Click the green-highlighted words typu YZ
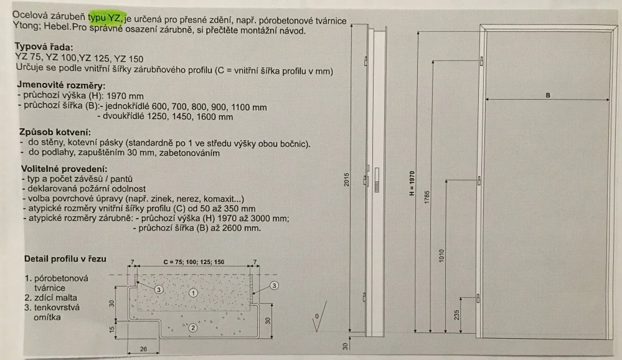pyautogui.click(x=105, y=17)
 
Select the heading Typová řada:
pyautogui.click(x=44, y=47)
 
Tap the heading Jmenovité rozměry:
pyautogui.click(x=61, y=85)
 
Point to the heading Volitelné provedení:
pyautogui.click(x=64, y=169)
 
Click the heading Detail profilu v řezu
pyautogui.click(x=65, y=258)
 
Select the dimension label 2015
pyautogui.click(x=346, y=179)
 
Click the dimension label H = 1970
pyautogui.click(x=412, y=183)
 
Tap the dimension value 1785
pyautogui.click(x=427, y=197)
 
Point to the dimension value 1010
pyautogui.click(x=441, y=255)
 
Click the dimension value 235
pyautogui.click(x=456, y=315)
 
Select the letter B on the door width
pyautogui.click(x=548, y=95)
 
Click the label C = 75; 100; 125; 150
pyautogui.click(x=194, y=262)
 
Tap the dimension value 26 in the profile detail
pyautogui.click(x=143, y=349)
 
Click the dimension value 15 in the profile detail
pyautogui.click(x=112, y=329)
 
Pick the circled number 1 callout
pyautogui.click(x=193, y=293)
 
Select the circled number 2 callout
pyautogui.click(x=193, y=328)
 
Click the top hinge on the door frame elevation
pyautogui.click(x=481, y=61)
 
